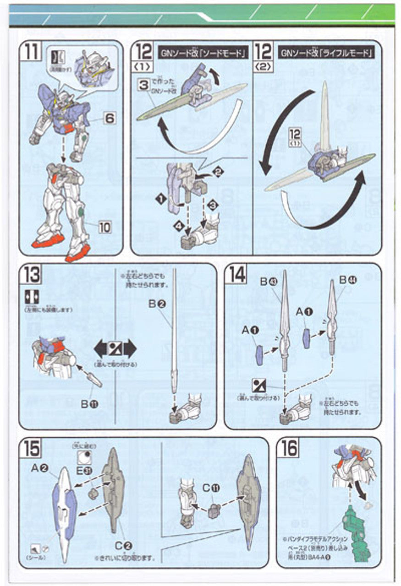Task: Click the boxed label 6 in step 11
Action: [109, 118]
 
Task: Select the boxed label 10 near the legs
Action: [105, 226]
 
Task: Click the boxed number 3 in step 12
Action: [143, 85]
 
